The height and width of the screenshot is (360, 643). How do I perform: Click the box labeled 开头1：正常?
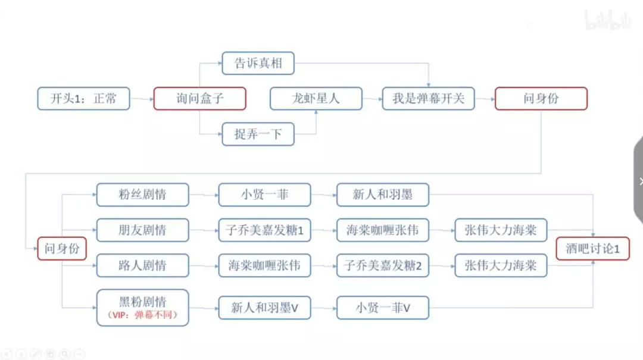pyautogui.click(x=83, y=99)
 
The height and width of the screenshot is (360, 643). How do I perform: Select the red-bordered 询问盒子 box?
pyautogui.click(x=199, y=99)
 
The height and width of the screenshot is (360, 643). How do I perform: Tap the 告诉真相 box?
pyautogui.click(x=258, y=63)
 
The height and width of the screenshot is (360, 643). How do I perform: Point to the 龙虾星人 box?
pyautogui.click(x=316, y=99)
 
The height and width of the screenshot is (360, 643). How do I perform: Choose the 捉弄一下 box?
pyautogui.click(x=258, y=134)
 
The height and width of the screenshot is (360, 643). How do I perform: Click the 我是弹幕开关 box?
pyautogui.click(x=427, y=99)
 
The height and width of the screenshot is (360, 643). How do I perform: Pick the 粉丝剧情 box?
pyautogui.click(x=142, y=195)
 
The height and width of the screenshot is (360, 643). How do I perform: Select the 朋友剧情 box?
pyautogui.click(x=142, y=230)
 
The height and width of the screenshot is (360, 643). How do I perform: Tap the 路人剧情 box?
pyautogui.click(x=142, y=266)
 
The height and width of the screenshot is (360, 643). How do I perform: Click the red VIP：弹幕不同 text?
pyautogui.click(x=142, y=315)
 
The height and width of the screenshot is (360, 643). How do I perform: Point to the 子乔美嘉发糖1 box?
pyautogui.click(x=264, y=230)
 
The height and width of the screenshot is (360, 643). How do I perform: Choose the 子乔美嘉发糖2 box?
pyautogui.click(x=383, y=266)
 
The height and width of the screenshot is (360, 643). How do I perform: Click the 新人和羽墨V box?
pyautogui.click(x=264, y=308)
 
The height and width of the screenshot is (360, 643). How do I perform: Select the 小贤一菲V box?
pyautogui.click(x=383, y=308)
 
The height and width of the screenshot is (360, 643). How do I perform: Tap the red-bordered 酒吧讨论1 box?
pyautogui.click(x=592, y=249)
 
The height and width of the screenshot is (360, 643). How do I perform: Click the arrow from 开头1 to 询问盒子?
pyautogui.click(x=142, y=99)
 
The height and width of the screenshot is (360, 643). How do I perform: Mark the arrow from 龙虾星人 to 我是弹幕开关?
pyautogui.click(x=372, y=99)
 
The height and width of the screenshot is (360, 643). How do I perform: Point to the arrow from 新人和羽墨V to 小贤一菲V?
pyautogui.click(x=323, y=308)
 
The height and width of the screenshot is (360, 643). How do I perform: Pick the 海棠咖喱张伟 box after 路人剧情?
pyautogui.click(x=264, y=266)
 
